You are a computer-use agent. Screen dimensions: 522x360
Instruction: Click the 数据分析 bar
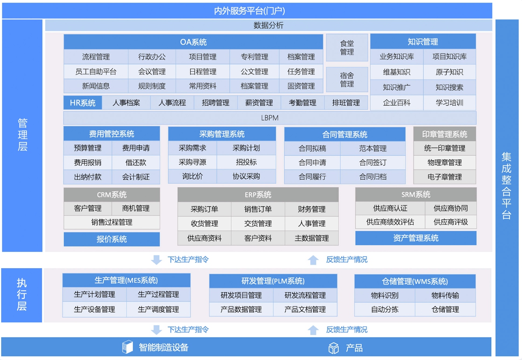coord(268,25)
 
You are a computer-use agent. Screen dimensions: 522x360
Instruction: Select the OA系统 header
coord(193,42)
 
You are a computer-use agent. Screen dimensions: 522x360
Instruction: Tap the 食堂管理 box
coord(347,47)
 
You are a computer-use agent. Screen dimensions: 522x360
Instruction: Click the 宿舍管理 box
coord(347,79)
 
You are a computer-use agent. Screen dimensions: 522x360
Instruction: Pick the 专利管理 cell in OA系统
coord(254,57)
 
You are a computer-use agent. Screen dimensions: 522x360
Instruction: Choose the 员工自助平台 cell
coord(96,71)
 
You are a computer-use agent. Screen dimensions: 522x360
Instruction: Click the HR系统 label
coord(83,103)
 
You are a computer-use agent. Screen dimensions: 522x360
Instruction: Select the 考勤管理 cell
coord(303,103)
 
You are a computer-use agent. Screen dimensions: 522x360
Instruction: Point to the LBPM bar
coord(270,118)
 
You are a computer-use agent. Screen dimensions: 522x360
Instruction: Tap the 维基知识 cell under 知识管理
coord(397,72)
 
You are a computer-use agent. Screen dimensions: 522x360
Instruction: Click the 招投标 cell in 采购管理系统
coord(246,162)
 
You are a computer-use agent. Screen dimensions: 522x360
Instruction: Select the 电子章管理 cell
coord(445,177)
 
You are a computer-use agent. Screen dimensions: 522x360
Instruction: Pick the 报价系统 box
coord(112,239)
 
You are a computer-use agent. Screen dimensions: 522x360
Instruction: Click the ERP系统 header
coord(258,195)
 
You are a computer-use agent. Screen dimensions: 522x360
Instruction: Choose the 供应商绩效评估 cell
coord(390,222)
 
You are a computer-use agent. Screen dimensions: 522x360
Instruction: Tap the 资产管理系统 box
coord(416,238)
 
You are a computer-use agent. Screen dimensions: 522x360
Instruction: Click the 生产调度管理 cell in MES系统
coord(158,309)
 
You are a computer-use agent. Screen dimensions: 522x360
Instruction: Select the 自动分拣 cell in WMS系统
coord(385,309)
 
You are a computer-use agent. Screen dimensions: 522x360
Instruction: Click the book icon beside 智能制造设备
coord(128,347)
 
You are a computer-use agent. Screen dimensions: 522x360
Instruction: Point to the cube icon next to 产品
coord(333,348)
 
